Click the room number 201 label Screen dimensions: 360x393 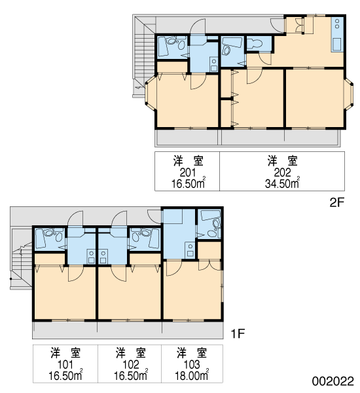tap(188, 172)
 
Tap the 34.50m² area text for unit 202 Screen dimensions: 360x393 tap(282, 183)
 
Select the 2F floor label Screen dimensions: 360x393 tap(337, 202)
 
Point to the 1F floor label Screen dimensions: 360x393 tap(237, 333)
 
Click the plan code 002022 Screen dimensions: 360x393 tap(333, 381)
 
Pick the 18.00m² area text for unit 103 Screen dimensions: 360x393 tap(192, 375)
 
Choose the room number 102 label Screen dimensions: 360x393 tap(130, 364)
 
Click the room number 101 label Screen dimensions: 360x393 tap(65, 364)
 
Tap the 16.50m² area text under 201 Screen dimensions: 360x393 tap(189, 183)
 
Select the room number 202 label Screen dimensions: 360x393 tap(282, 172)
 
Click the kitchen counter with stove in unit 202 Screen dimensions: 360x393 tap(337, 35)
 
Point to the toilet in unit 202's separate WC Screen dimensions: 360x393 tap(255, 43)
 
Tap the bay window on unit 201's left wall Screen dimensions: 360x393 tap(151, 93)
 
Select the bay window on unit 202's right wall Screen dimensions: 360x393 tap(349, 93)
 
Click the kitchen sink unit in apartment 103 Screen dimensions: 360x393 tap(190, 250)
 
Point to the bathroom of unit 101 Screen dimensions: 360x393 tap(49, 239)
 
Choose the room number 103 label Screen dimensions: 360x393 tap(192, 364)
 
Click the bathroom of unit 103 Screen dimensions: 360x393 tap(209, 224)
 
